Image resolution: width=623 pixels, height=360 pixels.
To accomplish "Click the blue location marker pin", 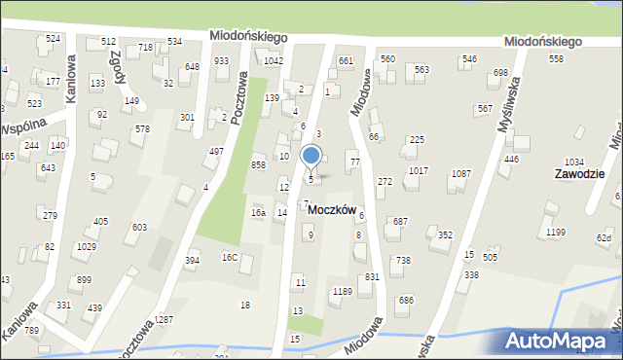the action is coord(311,157).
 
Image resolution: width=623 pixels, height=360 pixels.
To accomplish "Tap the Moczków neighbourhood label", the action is coord(333,210).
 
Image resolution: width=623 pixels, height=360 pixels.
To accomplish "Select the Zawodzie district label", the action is coord(579,174).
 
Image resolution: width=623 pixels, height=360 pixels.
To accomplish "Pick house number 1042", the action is coord(274,60).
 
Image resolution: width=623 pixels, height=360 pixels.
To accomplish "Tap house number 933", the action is coord(222,60).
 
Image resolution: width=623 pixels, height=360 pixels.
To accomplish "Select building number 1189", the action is coord(342,291).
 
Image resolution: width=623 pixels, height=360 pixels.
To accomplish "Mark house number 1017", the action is coord(419,170).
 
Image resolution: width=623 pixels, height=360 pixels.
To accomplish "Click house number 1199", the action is coord(556,232).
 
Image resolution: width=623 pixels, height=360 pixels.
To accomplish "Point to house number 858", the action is coord(258,165).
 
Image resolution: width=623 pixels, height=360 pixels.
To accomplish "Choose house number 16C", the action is coord(230,258).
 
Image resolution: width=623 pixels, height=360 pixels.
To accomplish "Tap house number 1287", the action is coord(164,319).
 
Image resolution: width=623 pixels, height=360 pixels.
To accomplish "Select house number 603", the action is coord(140,227).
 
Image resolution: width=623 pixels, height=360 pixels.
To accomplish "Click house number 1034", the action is coord(574,162).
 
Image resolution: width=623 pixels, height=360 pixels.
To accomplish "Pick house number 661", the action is coord(346,60).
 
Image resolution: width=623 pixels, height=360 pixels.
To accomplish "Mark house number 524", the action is coord(53,39).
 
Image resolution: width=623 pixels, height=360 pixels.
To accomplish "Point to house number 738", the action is coord(403,260).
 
